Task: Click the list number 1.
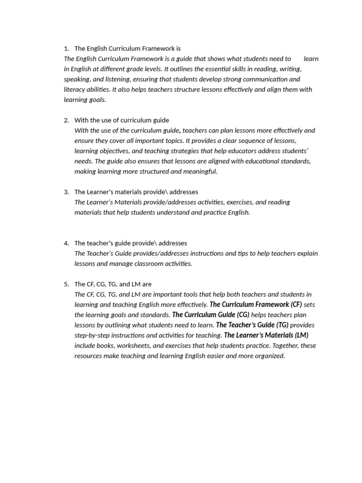[66, 49]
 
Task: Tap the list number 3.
[66, 192]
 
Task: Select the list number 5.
[66, 284]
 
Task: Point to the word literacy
[75, 90]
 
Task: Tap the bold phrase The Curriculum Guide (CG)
[211, 315]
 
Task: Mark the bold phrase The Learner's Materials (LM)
[266, 335]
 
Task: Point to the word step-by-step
[93, 335]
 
